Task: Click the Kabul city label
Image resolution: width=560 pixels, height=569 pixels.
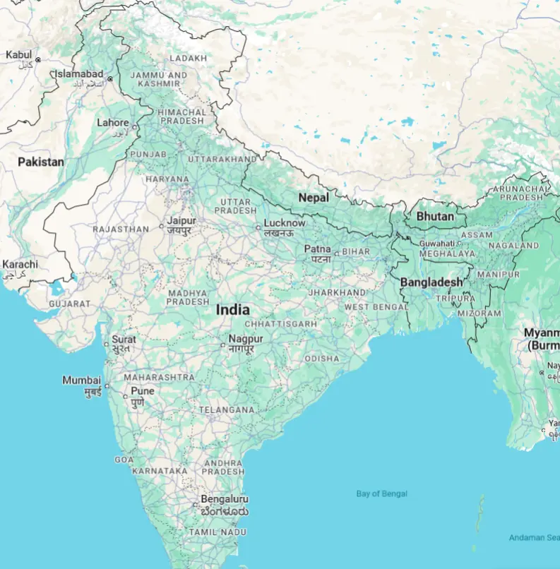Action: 18,55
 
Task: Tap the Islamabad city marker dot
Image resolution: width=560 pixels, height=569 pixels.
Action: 109,78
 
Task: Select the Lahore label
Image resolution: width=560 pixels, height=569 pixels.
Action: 112,123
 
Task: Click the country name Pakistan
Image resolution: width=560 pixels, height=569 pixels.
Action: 40,162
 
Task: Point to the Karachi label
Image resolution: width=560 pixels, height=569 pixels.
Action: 20,265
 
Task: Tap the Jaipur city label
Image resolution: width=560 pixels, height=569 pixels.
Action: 181,221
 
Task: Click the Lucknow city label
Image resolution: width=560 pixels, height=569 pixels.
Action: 284,223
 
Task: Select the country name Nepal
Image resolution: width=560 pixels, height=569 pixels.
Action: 313,198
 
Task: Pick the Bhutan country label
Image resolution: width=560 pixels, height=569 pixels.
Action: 434,216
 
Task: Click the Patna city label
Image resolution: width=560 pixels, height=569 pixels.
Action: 317,249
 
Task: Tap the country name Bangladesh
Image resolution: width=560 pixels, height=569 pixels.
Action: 431,282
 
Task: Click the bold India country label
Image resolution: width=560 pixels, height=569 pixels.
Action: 232,309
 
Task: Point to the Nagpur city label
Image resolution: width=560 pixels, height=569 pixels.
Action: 245,340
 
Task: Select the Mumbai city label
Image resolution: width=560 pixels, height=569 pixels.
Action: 81,381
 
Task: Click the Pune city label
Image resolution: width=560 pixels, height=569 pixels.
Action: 142,391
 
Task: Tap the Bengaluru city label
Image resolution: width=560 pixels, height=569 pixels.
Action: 224,499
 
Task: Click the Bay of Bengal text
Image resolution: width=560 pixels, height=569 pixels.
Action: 381,493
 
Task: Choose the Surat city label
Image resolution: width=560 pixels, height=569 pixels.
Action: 124,340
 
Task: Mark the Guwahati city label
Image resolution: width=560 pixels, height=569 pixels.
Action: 436,243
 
